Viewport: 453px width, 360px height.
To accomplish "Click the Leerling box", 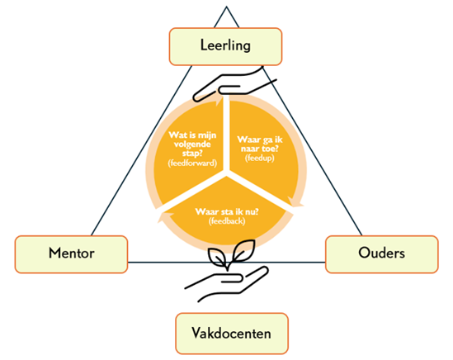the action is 225,46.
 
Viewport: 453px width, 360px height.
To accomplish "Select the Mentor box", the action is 71,254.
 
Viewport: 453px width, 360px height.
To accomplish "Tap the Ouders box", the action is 382,254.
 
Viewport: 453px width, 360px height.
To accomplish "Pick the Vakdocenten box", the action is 232,334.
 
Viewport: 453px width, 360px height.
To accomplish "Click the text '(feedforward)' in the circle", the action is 192,163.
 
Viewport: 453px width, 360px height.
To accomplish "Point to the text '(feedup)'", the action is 259,159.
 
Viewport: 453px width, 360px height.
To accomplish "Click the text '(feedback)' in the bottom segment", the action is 227,221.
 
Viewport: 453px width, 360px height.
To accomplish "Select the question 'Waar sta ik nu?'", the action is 227,211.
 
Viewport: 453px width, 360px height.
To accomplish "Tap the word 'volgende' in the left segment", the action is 192,144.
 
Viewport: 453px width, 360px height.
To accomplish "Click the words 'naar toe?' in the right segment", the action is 259,149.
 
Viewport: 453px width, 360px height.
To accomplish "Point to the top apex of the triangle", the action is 226,7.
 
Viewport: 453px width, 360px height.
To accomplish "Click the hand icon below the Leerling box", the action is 234,85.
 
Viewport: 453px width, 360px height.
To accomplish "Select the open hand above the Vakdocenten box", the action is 227,284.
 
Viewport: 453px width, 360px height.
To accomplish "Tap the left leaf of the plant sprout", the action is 217,257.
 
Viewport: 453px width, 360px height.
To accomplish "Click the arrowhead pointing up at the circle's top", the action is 219,101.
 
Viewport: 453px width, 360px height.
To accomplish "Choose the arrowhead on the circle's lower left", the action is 164,217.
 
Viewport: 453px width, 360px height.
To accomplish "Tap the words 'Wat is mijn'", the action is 192,135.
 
